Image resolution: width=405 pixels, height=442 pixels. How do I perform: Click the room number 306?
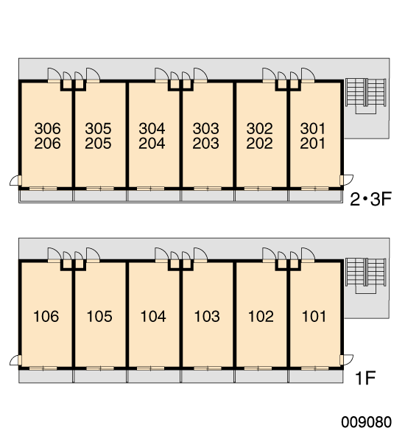[47, 128]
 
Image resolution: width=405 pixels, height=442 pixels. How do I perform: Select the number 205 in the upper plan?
[98, 144]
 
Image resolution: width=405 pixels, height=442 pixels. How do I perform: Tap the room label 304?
[152, 128]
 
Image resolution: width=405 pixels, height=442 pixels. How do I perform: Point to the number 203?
[205, 144]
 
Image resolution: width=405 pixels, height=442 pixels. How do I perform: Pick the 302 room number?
[260, 128]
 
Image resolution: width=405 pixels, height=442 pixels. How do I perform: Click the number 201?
[312, 144]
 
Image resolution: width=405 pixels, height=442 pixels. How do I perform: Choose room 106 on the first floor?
[46, 316]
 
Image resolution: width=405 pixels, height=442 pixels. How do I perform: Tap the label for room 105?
[99, 316]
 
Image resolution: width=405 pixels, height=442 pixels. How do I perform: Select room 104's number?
[153, 316]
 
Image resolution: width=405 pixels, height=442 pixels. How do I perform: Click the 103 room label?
[207, 316]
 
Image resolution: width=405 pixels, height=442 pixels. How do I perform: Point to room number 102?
[261, 316]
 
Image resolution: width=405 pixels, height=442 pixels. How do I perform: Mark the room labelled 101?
[314, 316]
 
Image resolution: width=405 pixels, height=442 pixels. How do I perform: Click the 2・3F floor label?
[371, 200]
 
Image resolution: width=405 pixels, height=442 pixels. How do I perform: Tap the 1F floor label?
[365, 379]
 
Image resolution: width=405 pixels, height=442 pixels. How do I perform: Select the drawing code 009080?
[367, 422]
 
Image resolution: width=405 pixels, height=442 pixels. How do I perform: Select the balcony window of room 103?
[208, 368]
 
